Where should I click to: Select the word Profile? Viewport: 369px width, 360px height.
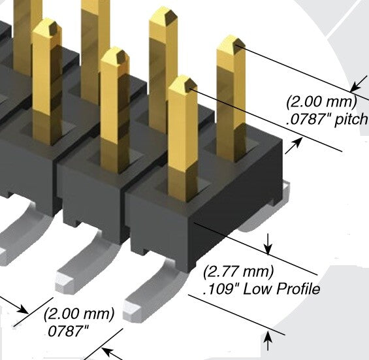pyautogui.click(x=298, y=288)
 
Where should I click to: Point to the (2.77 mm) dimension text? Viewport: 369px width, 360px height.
pyautogui.click(x=238, y=271)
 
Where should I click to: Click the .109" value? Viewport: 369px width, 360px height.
pyautogui.click(x=221, y=289)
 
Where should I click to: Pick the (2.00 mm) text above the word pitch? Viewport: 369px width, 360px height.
pyautogui.click(x=321, y=102)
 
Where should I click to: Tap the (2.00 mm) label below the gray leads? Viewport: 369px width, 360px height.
pyautogui.click(x=79, y=314)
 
